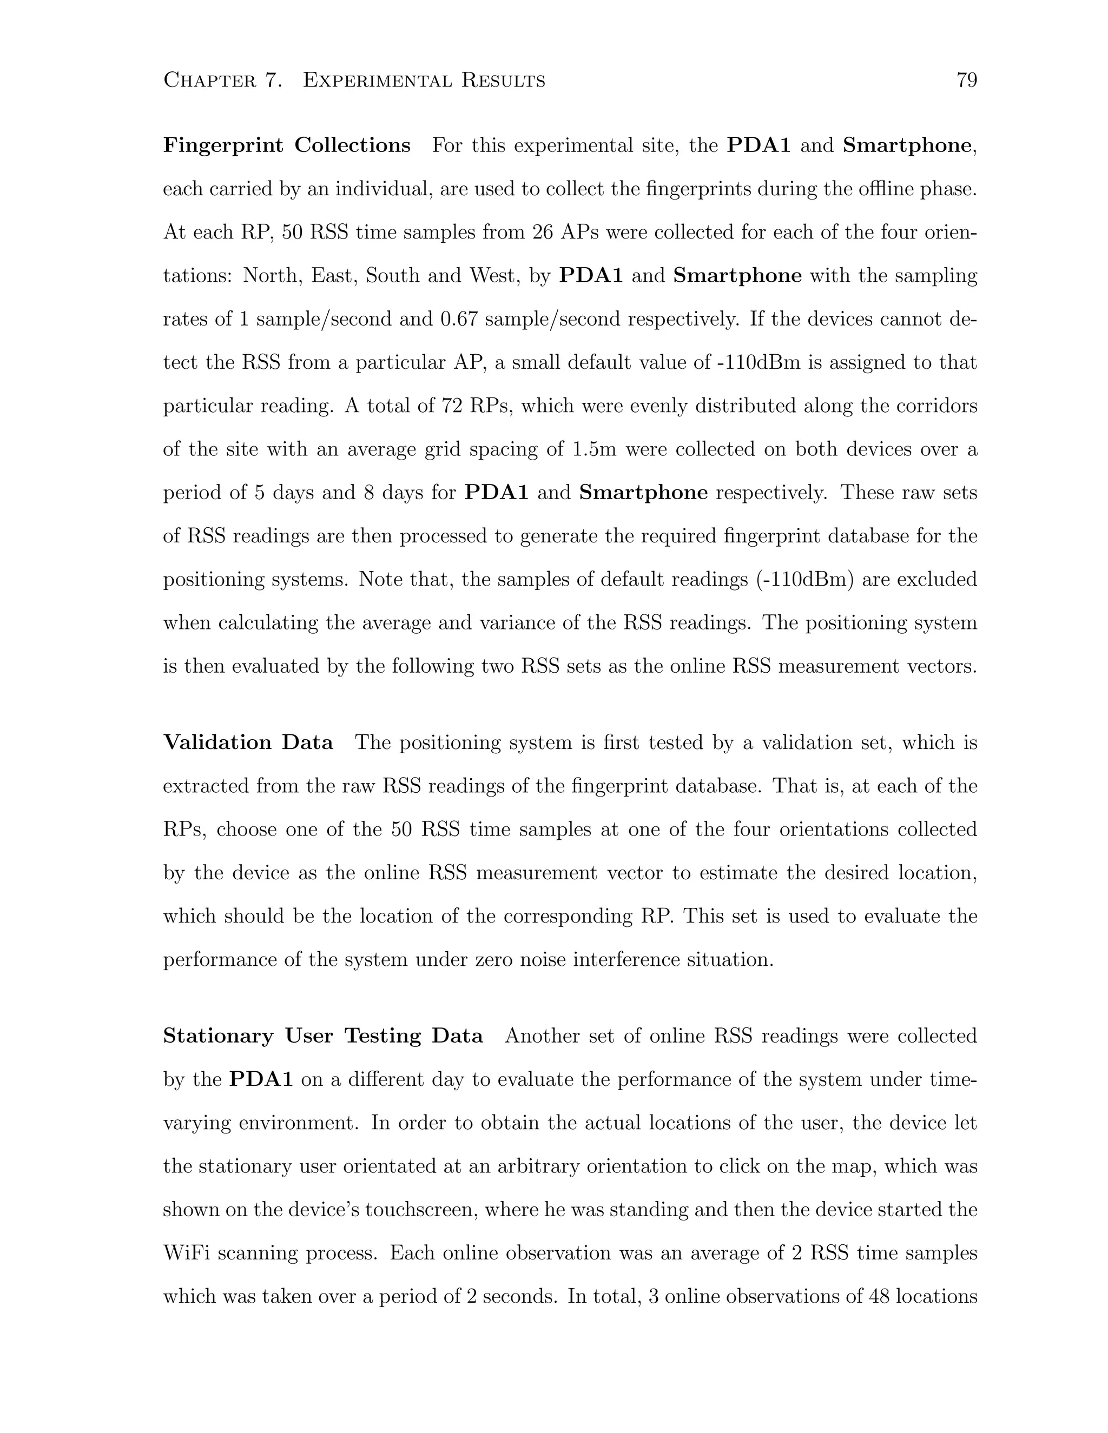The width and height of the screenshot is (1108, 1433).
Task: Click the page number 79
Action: pos(967,81)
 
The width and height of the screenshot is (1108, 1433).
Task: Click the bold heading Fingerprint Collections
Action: pos(287,145)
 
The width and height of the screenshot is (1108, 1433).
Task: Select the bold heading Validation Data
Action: pos(248,743)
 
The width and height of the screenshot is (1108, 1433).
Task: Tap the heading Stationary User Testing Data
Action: pos(323,1036)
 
